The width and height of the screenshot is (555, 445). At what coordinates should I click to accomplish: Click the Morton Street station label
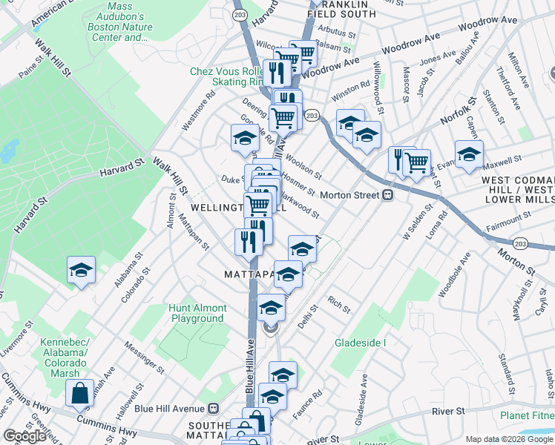(349, 195)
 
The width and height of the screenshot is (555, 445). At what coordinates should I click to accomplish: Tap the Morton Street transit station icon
(387, 195)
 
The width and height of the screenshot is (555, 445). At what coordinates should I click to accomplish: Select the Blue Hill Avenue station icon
(214, 408)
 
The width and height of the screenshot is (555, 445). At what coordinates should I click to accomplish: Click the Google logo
(24, 436)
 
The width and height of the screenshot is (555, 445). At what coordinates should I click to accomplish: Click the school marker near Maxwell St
(469, 155)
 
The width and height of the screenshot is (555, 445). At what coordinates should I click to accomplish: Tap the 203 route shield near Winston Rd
(312, 115)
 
